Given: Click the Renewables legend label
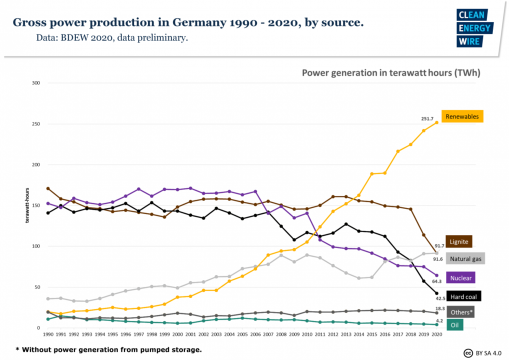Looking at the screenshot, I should pos(462,116).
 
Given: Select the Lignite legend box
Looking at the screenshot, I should pos(459,241).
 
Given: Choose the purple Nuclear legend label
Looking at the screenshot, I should pos(459,278).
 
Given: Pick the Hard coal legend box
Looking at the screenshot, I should pos(463,296).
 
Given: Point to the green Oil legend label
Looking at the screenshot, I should pos(454,324).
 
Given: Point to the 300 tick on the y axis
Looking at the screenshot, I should pos(36,83).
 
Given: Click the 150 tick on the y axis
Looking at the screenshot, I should pos(36,205).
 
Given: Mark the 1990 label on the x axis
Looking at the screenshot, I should pos(48,333).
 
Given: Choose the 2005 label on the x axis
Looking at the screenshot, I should pos(242,333).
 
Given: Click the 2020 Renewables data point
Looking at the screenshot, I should pos(436,122).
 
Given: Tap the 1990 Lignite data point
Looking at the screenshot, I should pos(48,188).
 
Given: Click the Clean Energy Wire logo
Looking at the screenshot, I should pos(474,28).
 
